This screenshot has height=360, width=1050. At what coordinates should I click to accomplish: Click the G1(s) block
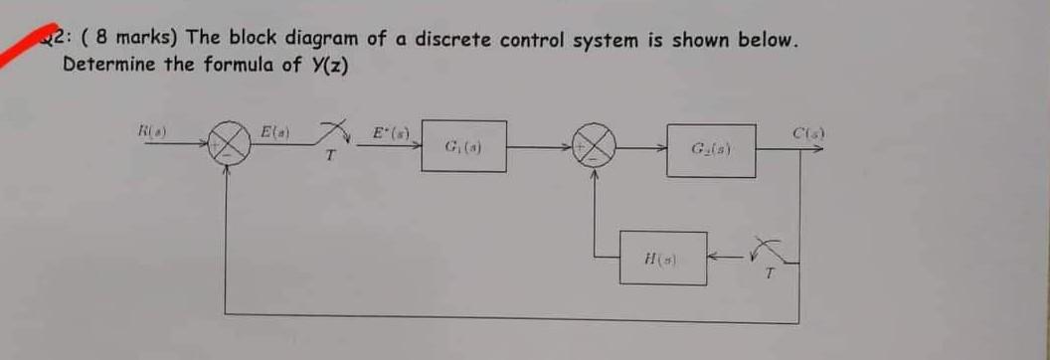point(462,146)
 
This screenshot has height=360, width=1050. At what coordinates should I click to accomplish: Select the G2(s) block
point(711,150)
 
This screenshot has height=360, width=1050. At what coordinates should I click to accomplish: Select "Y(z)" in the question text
point(328,65)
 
